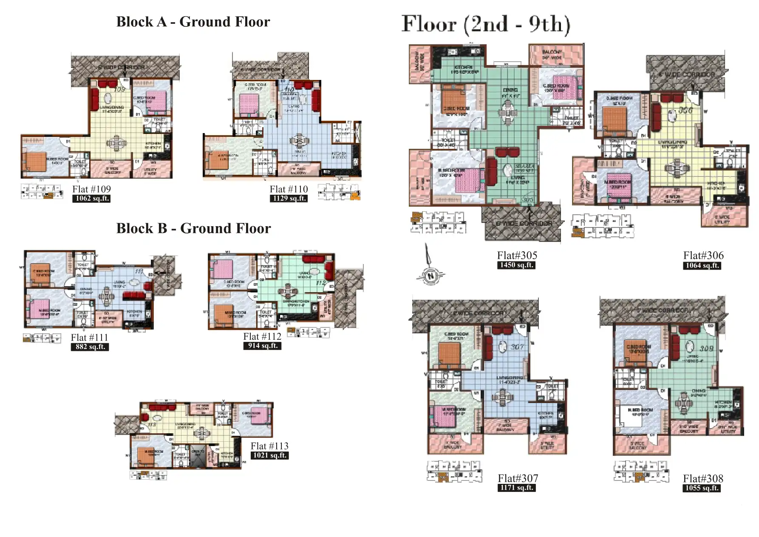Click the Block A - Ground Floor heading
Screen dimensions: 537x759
click(193, 22)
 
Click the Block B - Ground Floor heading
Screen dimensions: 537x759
click(193, 228)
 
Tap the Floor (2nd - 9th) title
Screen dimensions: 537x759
click(486, 24)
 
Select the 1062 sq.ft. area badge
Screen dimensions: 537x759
click(91, 199)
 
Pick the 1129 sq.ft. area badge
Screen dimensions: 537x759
click(289, 199)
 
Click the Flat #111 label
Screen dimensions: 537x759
click(89, 337)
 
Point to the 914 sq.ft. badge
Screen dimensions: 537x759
click(262, 346)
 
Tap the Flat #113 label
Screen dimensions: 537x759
click(269, 446)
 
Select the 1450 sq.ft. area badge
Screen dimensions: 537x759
click(516, 265)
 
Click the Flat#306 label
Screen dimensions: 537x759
click(703, 256)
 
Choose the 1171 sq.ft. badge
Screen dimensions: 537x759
click(516, 488)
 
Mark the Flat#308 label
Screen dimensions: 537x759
click(703, 478)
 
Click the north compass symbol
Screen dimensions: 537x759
click(430, 275)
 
